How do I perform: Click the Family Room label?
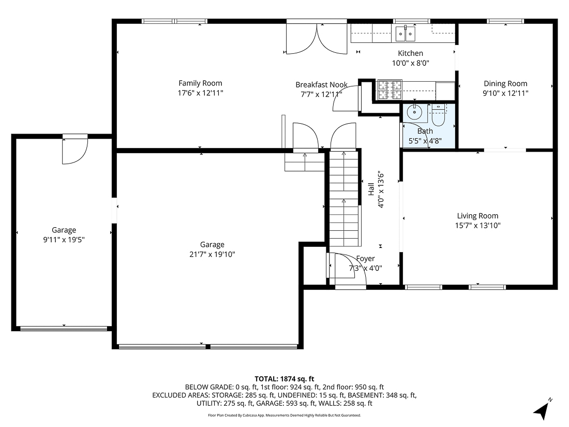click(x=200, y=83)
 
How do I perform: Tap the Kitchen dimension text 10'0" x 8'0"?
click(x=410, y=63)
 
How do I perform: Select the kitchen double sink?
click(x=406, y=34)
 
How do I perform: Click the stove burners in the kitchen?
click(x=390, y=90)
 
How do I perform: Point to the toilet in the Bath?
click(x=438, y=115)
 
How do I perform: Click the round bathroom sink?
click(x=414, y=112)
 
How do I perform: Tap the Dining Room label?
click(x=505, y=83)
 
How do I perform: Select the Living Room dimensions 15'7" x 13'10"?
click(x=477, y=226)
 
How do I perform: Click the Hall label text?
click(x=371, y=189)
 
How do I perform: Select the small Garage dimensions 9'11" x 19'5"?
click(x=64, y=240)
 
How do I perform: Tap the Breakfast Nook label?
click(x=321, y=84)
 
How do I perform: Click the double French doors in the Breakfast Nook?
click(x=317, y=40)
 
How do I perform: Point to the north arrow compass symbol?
click(x=542, y=409)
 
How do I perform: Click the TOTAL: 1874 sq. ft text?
click(x=284, y=379)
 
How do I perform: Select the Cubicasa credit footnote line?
click(x=284, y=415)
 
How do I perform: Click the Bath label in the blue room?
click(x=425, y=131)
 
